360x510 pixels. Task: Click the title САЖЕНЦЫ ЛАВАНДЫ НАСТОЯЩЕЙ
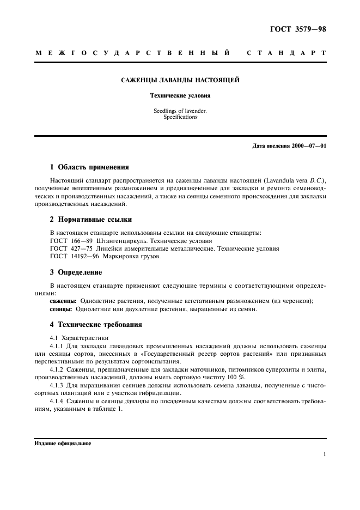[180, 80]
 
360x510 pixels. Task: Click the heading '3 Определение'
[76, 272]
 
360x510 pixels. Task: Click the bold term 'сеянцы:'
[61, 309]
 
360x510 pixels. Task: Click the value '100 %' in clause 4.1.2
[237, 378]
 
